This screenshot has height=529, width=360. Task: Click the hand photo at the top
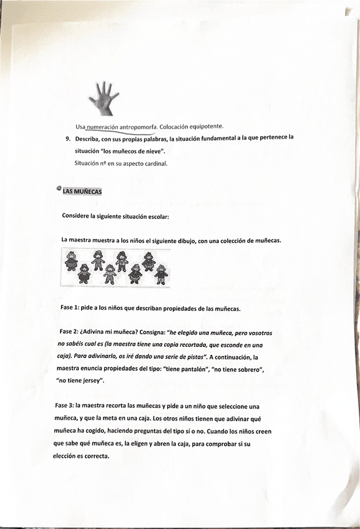coord(103,97)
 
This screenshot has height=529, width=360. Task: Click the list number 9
coord(68,139)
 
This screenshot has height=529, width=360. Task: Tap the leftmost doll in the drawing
coord(71,258)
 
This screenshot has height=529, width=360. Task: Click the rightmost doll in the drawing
coord(162,274)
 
